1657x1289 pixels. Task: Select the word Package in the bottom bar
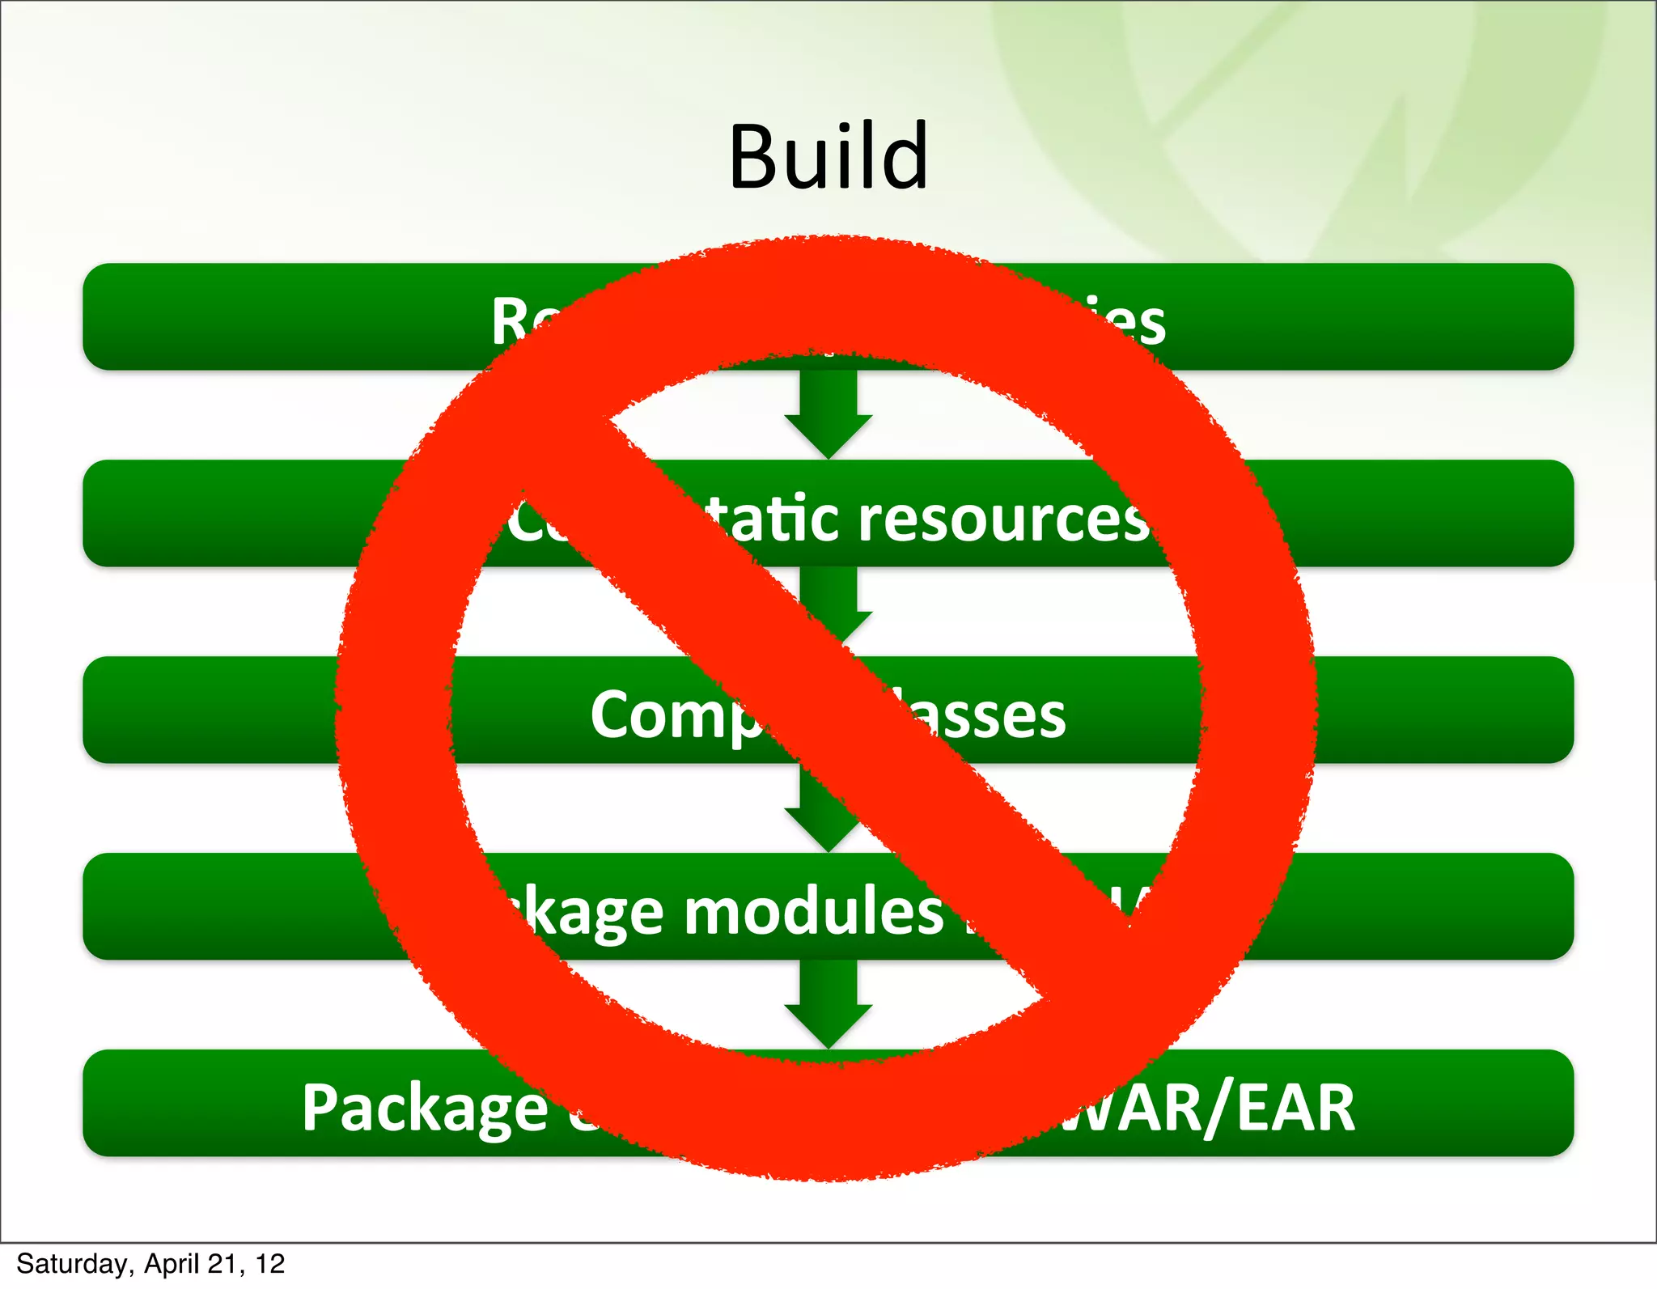426,1108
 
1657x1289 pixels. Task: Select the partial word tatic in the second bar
773,519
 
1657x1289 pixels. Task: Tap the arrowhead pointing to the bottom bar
828,1024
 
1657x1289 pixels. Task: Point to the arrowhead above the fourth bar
817,829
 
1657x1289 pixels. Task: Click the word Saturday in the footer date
71,1264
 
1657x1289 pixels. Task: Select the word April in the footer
172,1264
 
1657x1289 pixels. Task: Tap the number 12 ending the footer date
269,1264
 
